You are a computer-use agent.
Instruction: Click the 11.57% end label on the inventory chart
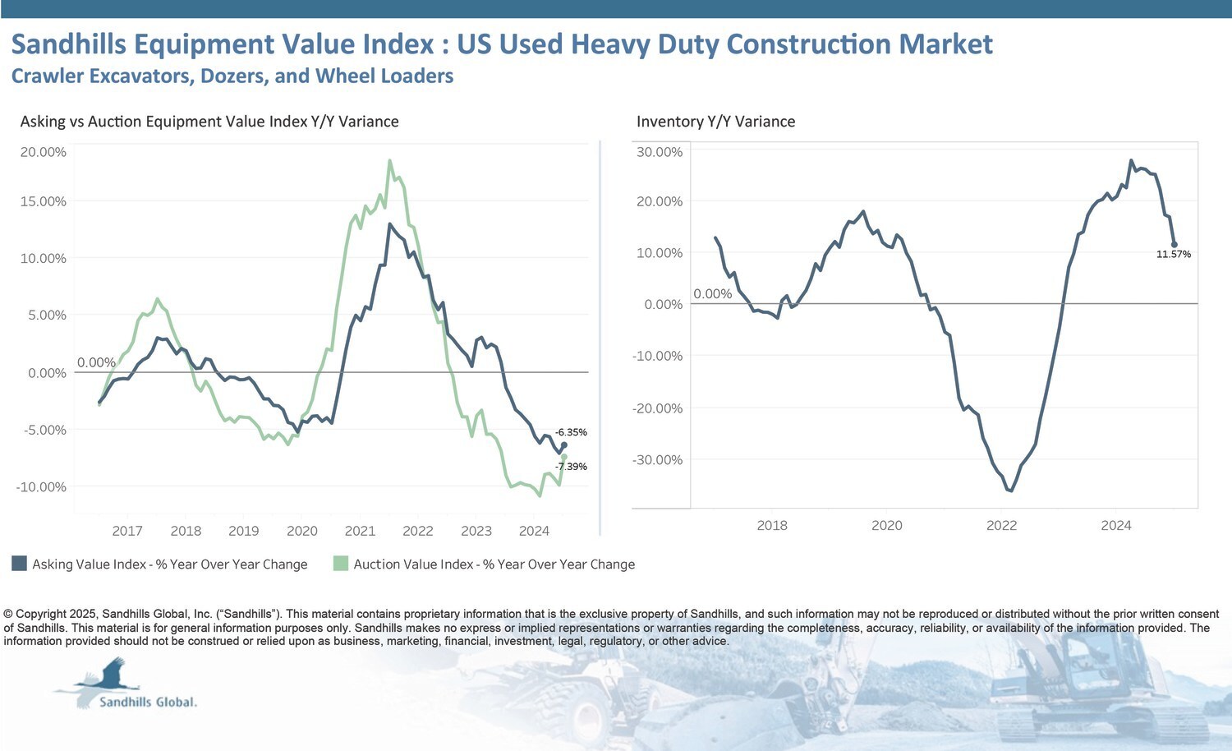[x=1173, y=255]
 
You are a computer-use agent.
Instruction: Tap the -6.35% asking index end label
[x=571, y=432]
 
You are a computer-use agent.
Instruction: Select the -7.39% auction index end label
[x=571, y=467]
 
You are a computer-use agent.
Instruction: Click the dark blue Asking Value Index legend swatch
[x=19, y=564]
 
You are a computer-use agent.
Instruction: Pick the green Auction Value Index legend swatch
[x=341, y=564]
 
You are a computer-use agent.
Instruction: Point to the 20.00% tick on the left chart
[x=43, y=152]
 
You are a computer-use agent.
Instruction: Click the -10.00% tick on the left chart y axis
[x=41, y=487]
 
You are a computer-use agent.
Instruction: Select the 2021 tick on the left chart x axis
[x=360, y=531]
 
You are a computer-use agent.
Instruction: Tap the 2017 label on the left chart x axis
[x=127, y=531]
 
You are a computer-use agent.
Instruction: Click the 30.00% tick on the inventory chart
[x=659, y=152]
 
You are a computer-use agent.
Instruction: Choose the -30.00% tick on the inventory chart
[x=657, y=460]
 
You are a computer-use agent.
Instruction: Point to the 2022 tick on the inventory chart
[x=1001, y=526]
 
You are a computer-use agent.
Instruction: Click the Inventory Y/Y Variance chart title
[x=715, y=122]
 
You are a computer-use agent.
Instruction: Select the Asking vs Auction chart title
[x=209, y=122]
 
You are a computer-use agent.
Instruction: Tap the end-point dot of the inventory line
[x=1174, y=245]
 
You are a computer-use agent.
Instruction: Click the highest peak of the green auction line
[x=389, y=161]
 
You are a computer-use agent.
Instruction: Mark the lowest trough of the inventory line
[x=1010, y=491]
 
